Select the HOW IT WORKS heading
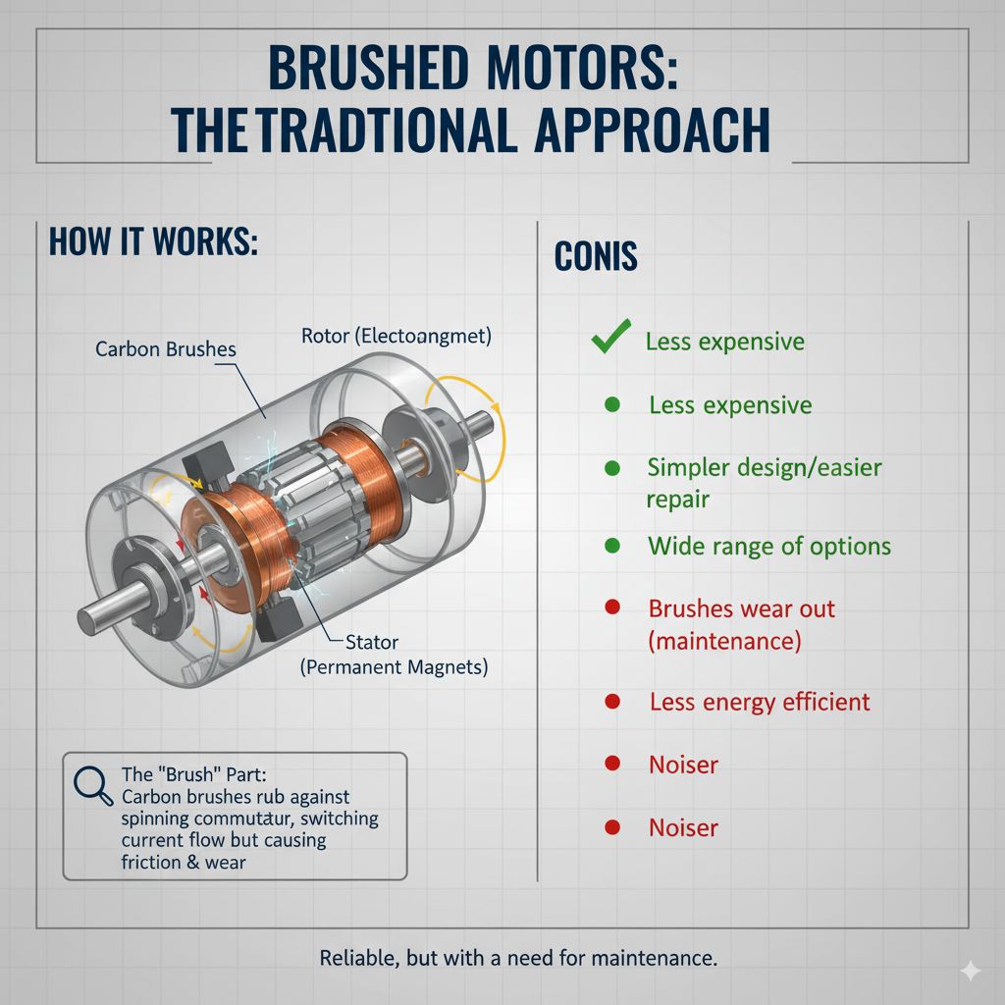pyautogui.click(x=153, y=241)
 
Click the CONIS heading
pyautogui.click(x=596, y=256)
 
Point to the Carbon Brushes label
pyautogui.click(x=166, y=348)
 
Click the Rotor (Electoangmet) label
pyautogui.click(x=396, y=336)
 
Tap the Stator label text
pyautogui.click(x=372, y=643)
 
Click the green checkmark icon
pyautogui.click(x=610, y=340)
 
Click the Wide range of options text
pyautogui.click(x=768, y=546)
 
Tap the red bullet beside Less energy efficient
pyautogui.click(x=611, y=701)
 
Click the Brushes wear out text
pyautogui.click(x=741, y=608)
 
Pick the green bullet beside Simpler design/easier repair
pyautogui.click(x=611, y=467)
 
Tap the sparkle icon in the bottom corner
pyautogui.click(x=970, y=970)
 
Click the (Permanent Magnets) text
pyautogui.click(x=394, y=667)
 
